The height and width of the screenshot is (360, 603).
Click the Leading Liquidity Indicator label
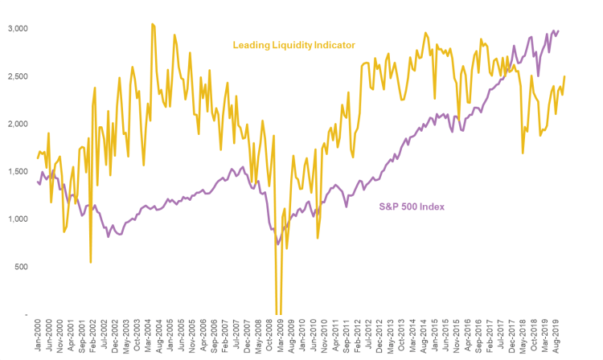pos(294,45)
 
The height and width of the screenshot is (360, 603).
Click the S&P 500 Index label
pos(412,207)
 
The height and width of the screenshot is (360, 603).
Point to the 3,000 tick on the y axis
pos(16,29)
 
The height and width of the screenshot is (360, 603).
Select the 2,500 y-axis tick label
pos(16,76)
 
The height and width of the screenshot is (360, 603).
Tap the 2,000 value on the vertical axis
pos(16,124)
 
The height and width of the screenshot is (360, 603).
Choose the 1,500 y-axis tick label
pos(16,172)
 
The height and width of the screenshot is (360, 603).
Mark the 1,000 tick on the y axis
pos(16,219)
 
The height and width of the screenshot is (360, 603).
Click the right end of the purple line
pos(559,31)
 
